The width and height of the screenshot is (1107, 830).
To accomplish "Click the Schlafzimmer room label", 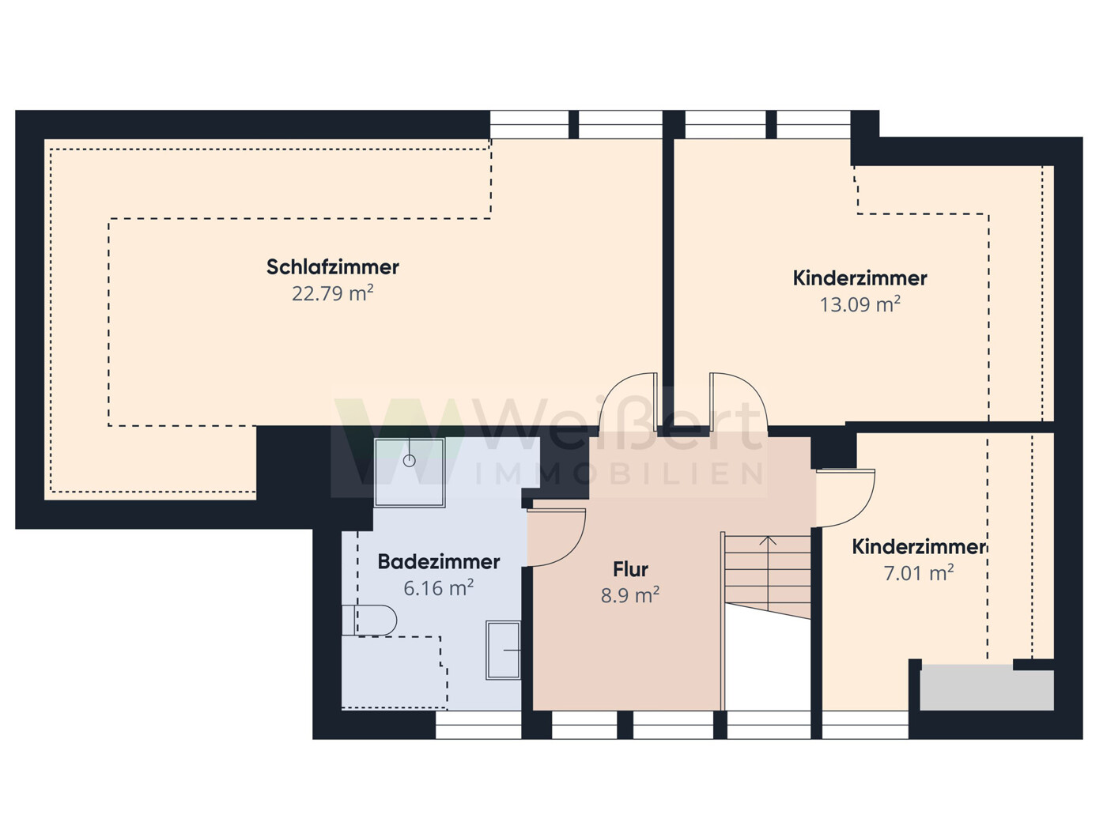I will pyautogui.click(x=332, y=267).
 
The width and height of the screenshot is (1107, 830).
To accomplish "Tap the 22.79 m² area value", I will pyautogui.click(x=332, y=294).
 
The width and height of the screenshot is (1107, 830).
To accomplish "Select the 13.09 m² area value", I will pyautogui.click(x=860, y=305).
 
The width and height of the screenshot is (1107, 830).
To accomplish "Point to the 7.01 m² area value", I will pyautogui.click(x=918, y=573).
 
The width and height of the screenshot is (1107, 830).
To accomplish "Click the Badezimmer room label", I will pyautogui.click(x=438, y=562).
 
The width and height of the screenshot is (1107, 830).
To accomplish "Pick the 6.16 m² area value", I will pyautogui.click(x=438, y=589).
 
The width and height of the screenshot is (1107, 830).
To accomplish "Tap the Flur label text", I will pyautogui.click(x=630, y=569).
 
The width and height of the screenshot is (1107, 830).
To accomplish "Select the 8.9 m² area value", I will pyautogui.click(x=630, y=596).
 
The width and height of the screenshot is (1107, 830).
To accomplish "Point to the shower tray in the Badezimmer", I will pyautogui.click(x=410, y=472).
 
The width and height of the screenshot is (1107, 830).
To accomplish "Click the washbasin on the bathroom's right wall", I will pyautogui.click(x=504, y=650).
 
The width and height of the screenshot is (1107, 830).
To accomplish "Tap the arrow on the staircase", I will pyautogui.click(x=768, y=542).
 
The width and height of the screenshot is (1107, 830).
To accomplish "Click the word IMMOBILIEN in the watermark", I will pyautogui.click(x=618, y=474).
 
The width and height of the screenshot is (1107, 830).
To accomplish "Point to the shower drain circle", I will pyautogui.click(x=410, y=460).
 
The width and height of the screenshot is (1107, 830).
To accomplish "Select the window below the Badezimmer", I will pyautogui.click(x=478, y=725).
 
